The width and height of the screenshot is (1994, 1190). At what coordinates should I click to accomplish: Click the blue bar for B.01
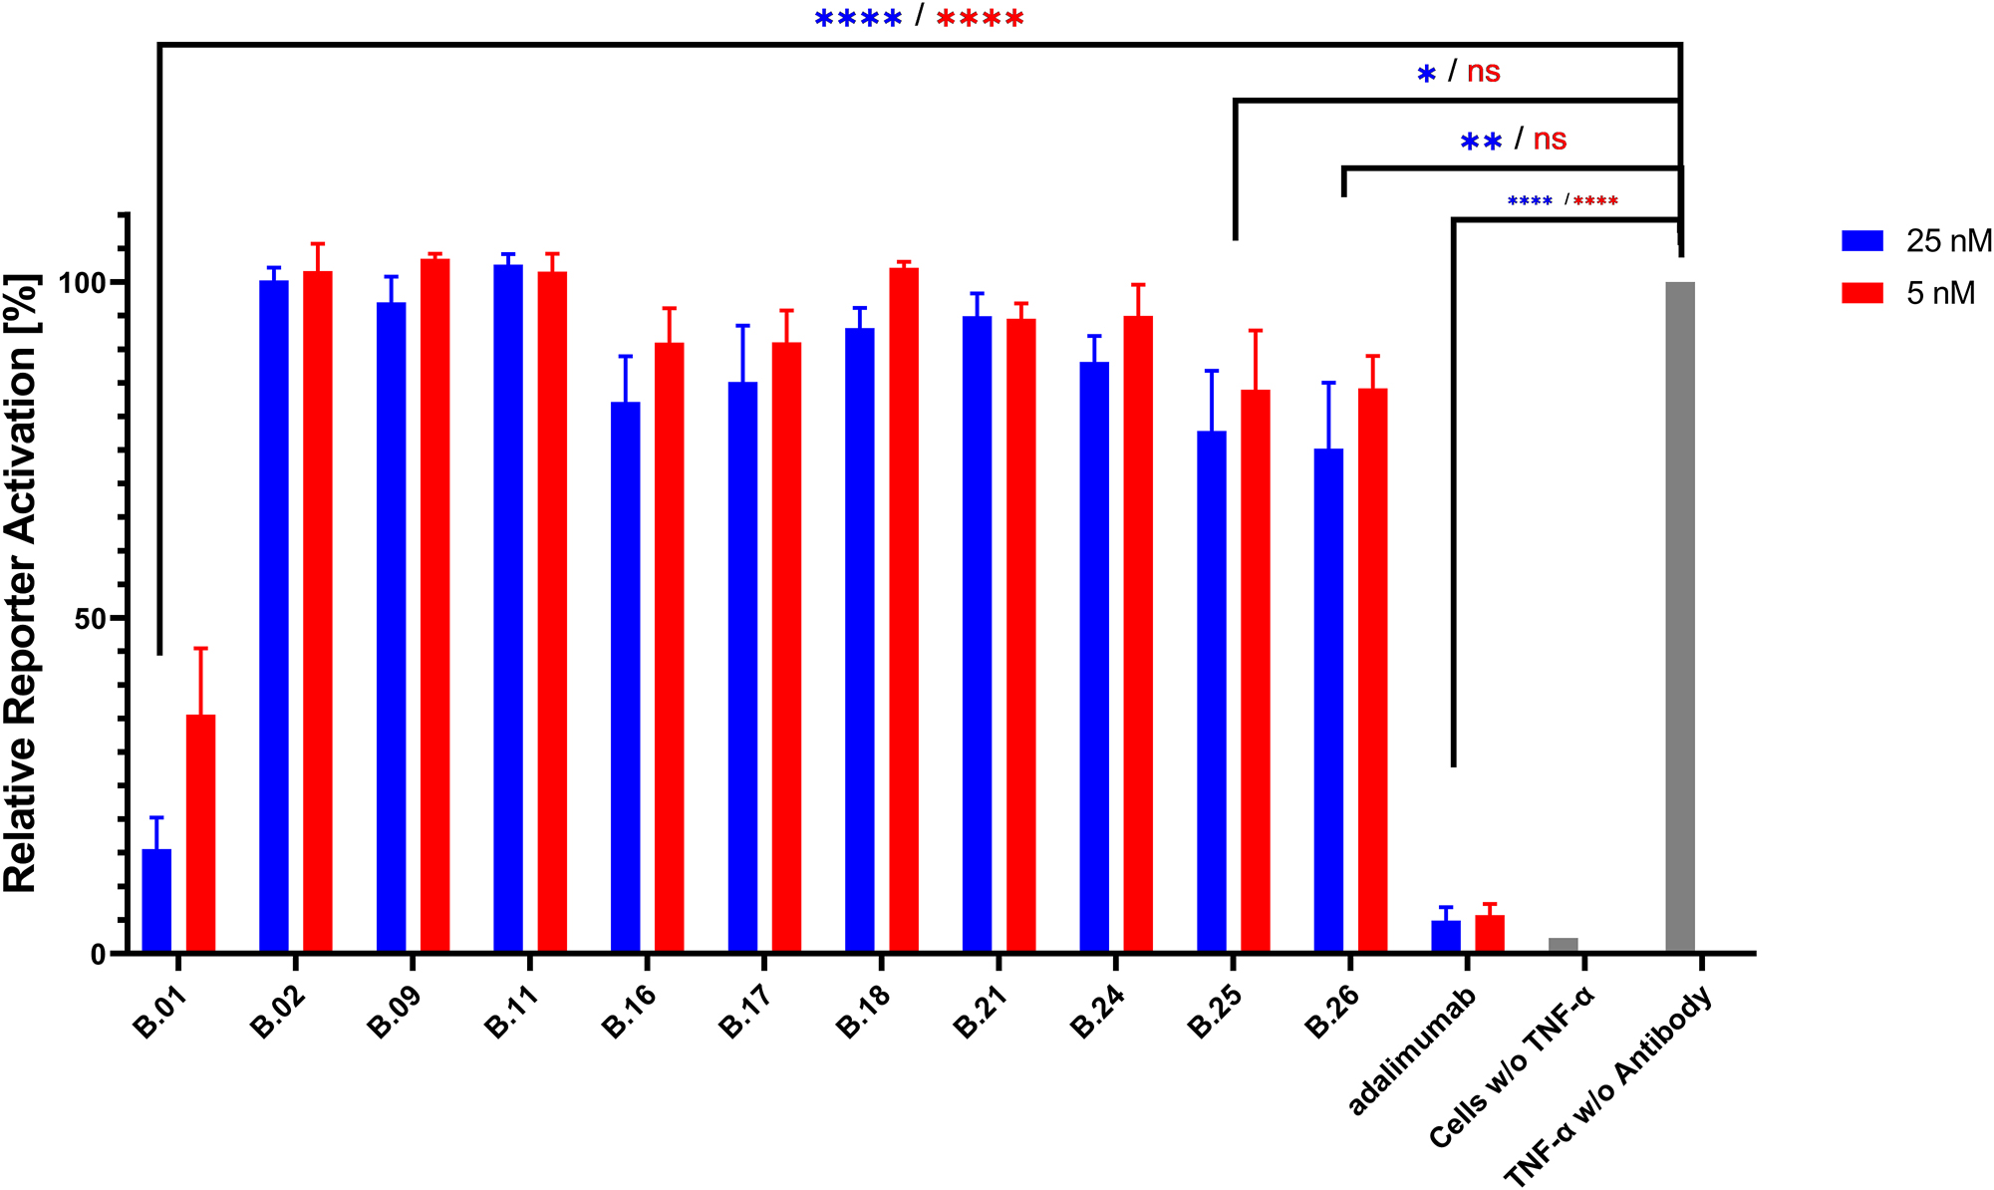tap(156, 901)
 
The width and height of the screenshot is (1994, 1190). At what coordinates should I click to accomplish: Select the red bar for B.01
tap(200, 833)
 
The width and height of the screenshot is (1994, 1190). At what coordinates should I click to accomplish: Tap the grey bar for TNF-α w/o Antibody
tap(1680, 618)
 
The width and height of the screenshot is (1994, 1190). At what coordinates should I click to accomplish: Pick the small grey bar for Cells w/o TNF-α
tap(1563, 945)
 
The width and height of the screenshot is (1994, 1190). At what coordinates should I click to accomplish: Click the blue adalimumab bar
tap(1446, 936)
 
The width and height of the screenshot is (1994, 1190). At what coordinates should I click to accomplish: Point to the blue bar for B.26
tap(1328, 701)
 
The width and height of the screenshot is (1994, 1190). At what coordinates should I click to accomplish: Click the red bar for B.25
tap(1256, 671)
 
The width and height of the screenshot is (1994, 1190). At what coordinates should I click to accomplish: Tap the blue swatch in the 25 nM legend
tap(1861, 241)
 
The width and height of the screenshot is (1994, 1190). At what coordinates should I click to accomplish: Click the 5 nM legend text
tap(1940, 293)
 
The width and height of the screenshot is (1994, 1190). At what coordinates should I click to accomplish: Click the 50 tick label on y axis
tap(90, 619)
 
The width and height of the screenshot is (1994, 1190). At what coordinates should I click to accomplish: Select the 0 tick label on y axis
tap(98, 955)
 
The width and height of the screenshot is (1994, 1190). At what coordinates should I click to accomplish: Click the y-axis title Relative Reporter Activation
tap(22, 583)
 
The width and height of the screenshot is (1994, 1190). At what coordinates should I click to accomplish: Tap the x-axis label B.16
tap(630, 1011)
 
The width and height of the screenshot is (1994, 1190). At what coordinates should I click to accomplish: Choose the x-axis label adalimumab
tap(1411, 1051)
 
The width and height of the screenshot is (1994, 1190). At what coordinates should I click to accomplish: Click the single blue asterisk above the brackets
tap(1427, 74)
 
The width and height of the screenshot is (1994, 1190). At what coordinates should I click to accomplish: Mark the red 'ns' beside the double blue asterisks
tap(1550, 140)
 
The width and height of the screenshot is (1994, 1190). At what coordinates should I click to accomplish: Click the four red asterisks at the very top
tap(980, 18)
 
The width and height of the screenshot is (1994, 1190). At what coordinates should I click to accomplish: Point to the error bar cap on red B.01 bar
tap(200, 649)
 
